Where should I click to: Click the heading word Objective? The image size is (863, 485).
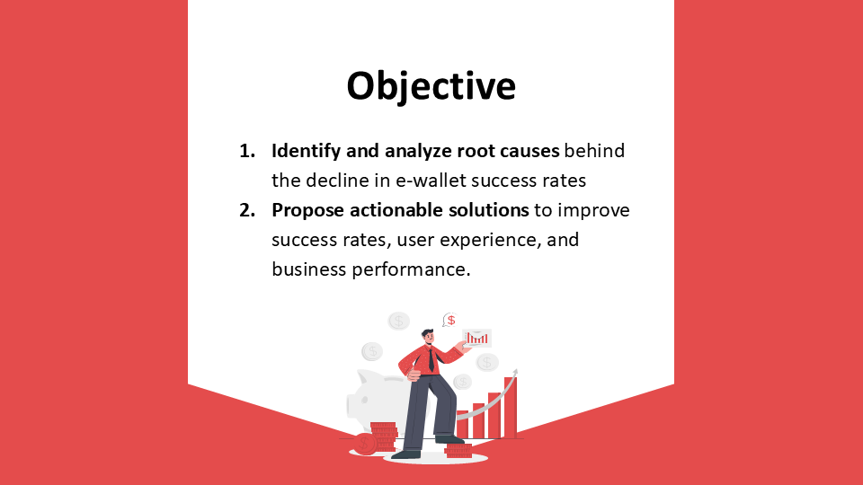pyautogui.click(x=431, y=86)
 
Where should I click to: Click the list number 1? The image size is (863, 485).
pyautogui.click(x=247, y=151)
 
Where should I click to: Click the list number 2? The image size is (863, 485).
pyautogui.click(x=247, y=210)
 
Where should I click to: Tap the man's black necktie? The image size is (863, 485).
pyautogui.click(x=431, y=359)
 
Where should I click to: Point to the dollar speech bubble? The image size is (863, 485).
pyautogui.click(x=449, y=320)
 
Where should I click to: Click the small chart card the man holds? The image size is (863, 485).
pyautogui.click(x=476, y=339)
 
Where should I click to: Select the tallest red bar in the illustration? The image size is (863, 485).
pyautogui.click(x=511, y=408)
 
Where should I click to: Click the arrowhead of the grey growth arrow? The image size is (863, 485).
pyautogui.click(x=515, y=372)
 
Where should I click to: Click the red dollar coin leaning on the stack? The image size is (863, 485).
pyautogui.click(x=363, y=444)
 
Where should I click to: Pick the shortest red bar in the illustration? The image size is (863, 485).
pyautogui.click(x=462, y=425)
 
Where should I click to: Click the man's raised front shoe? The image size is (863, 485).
pyautogui.click(x=449, y=439)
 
